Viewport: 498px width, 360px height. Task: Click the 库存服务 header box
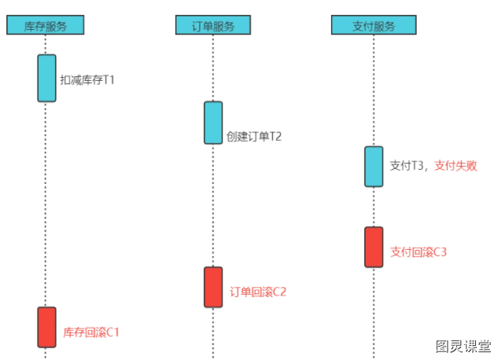tap(45, 24)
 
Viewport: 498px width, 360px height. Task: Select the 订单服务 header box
tap(213, 24)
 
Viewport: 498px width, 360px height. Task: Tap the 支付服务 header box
tap(374, 24)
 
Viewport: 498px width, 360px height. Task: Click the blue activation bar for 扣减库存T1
tap(46, 78)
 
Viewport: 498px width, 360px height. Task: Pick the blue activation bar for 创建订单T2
tap(213, 123)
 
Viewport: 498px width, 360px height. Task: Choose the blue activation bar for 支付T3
tap(374, 167)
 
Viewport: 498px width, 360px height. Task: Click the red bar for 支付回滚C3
tap(374, 247)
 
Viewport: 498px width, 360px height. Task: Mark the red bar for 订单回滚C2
tap(213, 287)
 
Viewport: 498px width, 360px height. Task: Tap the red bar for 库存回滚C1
tap(46, 327)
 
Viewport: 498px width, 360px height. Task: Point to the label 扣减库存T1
tap(87, 79)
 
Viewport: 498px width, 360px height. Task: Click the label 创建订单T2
tap(254, 137)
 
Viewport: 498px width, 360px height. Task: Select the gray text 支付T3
tap(407, 166)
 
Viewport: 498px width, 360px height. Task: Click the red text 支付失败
tap(456, 166)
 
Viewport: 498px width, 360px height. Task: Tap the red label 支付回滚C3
tap(419, 252)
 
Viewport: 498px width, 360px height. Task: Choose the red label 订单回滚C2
tap(258, 292)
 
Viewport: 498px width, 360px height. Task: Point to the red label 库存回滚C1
tap(91, 332)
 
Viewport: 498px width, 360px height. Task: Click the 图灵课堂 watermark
tap(463, 346)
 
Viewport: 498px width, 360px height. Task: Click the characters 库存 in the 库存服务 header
tap(35, 26)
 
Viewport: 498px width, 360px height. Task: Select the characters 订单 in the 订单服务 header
tap(202, 26)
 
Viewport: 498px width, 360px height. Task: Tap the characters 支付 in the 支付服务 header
tap(363, 26)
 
